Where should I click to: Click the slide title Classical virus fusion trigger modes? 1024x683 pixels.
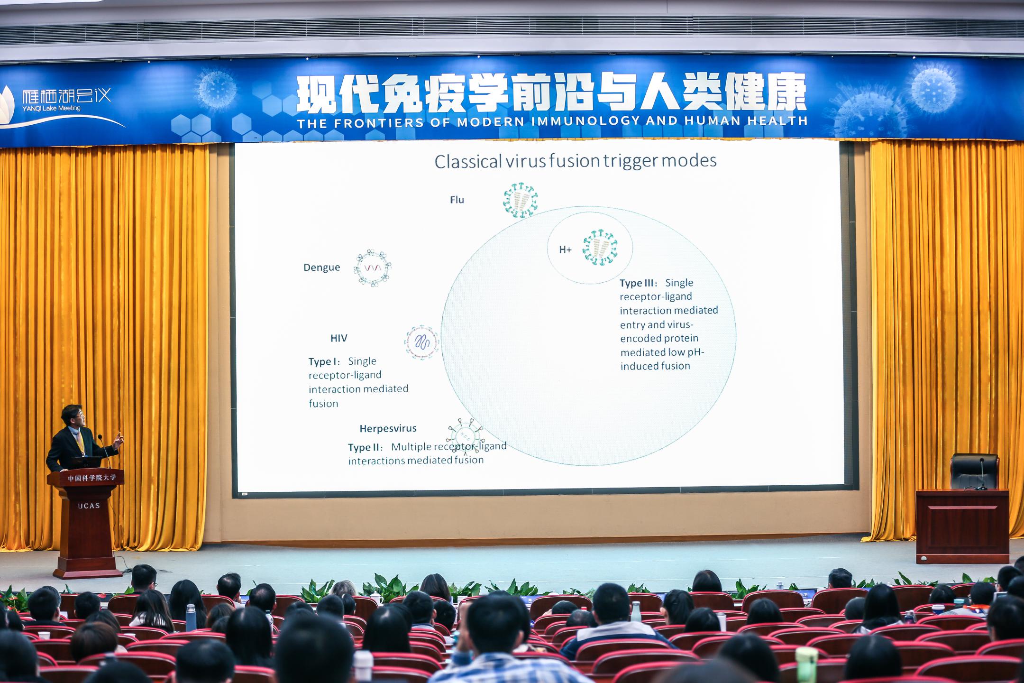[x=576, y=161]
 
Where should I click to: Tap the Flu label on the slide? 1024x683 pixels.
[x=457, y=200]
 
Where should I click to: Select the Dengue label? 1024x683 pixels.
[x=321, y=268]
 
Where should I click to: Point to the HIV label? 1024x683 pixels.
[x=339, y=338]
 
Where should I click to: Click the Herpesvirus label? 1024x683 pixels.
[x=388, y=428]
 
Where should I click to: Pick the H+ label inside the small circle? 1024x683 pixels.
[x=565, y=249]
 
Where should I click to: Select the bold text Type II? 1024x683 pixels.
[x=366, y=447]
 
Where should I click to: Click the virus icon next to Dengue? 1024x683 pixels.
[x=372, y=268]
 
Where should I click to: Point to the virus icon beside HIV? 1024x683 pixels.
[x=421, y=342]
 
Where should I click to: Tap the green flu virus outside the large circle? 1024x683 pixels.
[x=521, y=200]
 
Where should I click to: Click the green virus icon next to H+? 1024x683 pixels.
[x=600, y=247]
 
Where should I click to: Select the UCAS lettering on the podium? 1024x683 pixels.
[x=89, y=506]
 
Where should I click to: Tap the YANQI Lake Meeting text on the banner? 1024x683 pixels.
[x=51, y=108]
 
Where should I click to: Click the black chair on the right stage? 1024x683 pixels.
[x=974, y=471]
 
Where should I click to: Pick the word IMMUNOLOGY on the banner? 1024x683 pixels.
[x=585, y=121]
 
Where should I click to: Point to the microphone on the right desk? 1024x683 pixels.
[x=982, y=473]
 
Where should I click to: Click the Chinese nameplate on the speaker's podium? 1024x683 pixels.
[x=91, y=478]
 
